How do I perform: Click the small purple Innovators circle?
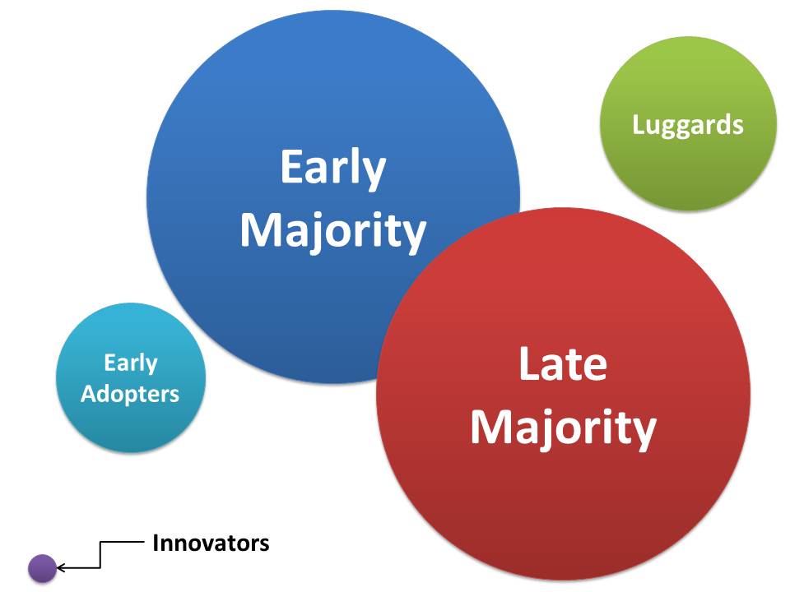point(42,568)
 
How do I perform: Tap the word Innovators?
point(211,543)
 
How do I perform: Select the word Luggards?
point(688,125)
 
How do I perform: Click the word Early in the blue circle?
point(333,168)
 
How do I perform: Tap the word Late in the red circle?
point(563,363)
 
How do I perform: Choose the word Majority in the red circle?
point(563,428)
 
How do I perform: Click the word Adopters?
point(130,394)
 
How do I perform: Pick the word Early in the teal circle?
point(131,363)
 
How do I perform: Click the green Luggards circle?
point(688,123)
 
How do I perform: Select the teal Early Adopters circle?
point(131,377)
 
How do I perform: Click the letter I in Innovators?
point(156,543)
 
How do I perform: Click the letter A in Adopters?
point(89,394)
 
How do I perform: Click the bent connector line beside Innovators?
point(100,555)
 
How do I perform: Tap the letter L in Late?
point(528,363)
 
